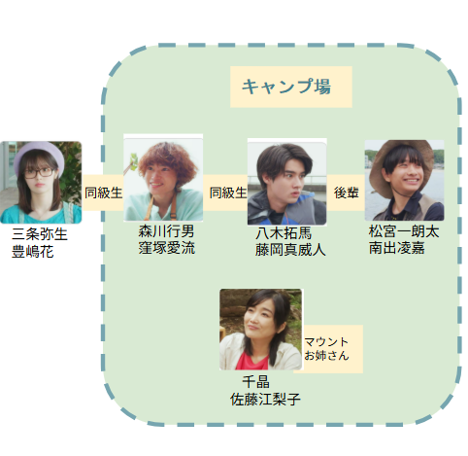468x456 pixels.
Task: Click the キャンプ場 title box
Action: [291, 87]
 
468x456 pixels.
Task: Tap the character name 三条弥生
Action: [40, 234]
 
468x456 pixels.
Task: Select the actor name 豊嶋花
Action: [33, 252]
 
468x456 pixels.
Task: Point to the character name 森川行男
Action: [166, 231]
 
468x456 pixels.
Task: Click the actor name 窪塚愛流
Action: [167, 248]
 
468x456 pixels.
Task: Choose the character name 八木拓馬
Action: [284, 232]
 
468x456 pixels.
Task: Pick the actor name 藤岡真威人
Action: [290, 250]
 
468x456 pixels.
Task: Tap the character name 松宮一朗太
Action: [404, 231]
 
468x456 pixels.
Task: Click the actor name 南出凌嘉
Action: [397, 248]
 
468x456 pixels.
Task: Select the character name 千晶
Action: [256, 382]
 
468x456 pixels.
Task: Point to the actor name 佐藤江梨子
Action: [265, 400]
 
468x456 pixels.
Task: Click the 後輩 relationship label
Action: [346, 193]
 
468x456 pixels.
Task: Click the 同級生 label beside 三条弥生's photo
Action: [103, 193]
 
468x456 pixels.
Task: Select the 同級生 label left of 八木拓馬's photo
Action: [228, 193]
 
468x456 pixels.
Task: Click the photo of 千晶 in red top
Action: [261, 330]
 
